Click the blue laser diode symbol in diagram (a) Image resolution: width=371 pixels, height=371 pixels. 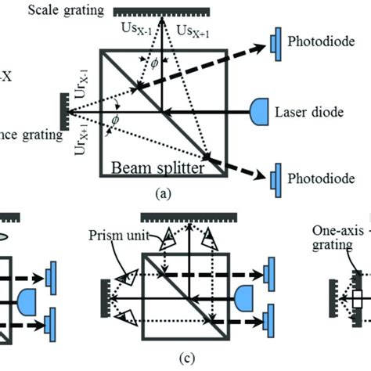261,112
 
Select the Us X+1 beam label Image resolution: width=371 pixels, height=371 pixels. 193,30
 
